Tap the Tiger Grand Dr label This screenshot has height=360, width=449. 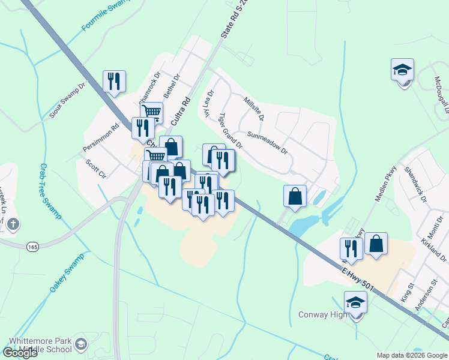point(230,130)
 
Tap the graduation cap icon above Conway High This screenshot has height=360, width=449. point(355,302)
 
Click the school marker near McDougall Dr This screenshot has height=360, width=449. point(402,70)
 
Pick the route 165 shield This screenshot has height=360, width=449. point(32,246)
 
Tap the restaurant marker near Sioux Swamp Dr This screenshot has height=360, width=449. point(114,81)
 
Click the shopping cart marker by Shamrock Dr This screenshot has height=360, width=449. point(151,112)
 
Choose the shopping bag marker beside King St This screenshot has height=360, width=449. point(376,244)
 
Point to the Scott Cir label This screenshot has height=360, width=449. point(95,169)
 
